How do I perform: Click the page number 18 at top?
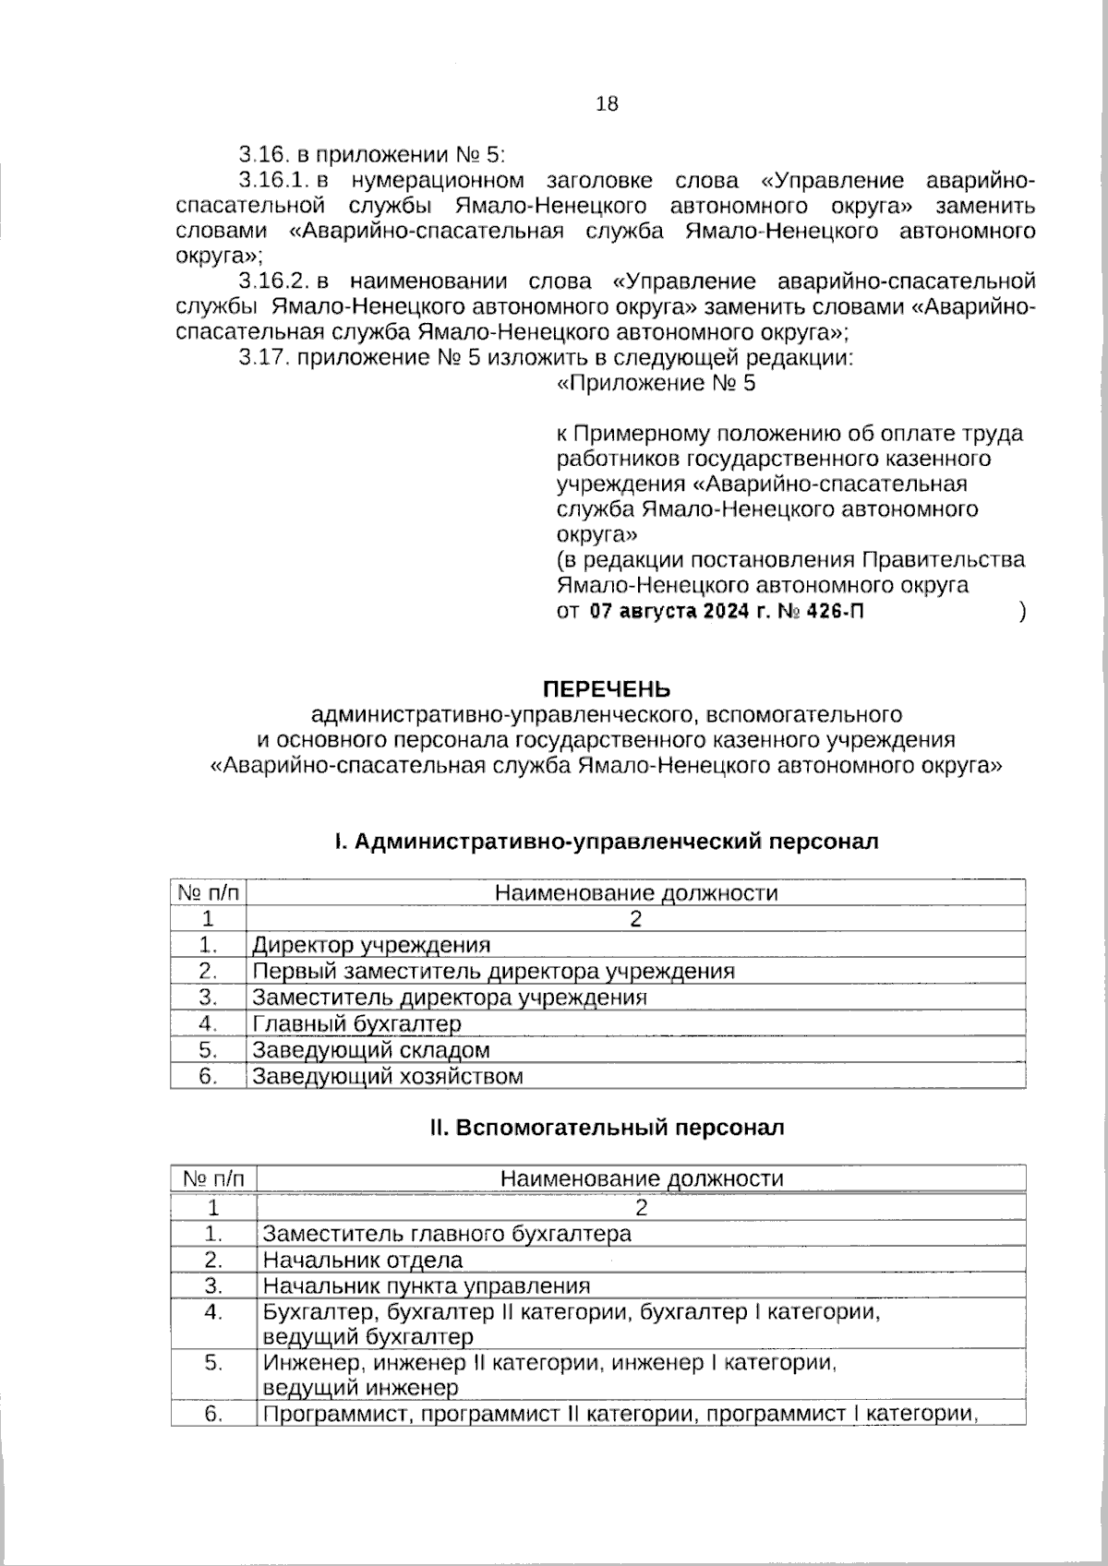coord(607,103)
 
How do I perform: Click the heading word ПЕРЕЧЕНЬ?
coord(606,689)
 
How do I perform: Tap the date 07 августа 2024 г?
coord(674,611)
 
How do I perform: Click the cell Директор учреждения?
coord(371,945)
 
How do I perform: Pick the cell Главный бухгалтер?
coord(356,1024)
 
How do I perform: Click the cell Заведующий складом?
coord(371,1050)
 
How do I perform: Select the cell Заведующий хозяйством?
coord(388,1076)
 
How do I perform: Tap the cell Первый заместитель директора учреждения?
coord(493,971)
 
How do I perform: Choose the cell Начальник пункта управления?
coord(426,1286)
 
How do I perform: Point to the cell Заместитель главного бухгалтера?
coord(447,1234)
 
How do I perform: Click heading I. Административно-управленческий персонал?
coord(606,842)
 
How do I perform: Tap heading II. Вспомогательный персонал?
coord(607,1128)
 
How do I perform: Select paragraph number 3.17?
coord(262,358)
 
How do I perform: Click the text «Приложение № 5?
coord(656,384)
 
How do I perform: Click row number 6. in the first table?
coord(208,1076)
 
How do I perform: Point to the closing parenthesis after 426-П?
coord(1022,612)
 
